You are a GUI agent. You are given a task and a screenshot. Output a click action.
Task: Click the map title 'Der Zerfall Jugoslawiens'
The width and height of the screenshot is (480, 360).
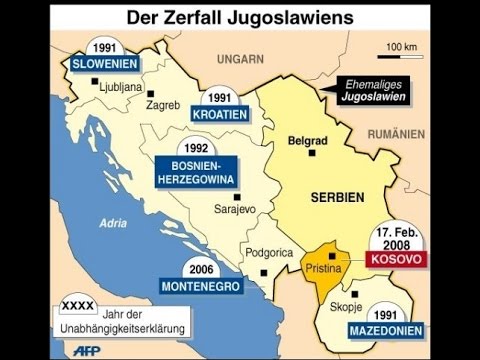click(240, 18)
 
